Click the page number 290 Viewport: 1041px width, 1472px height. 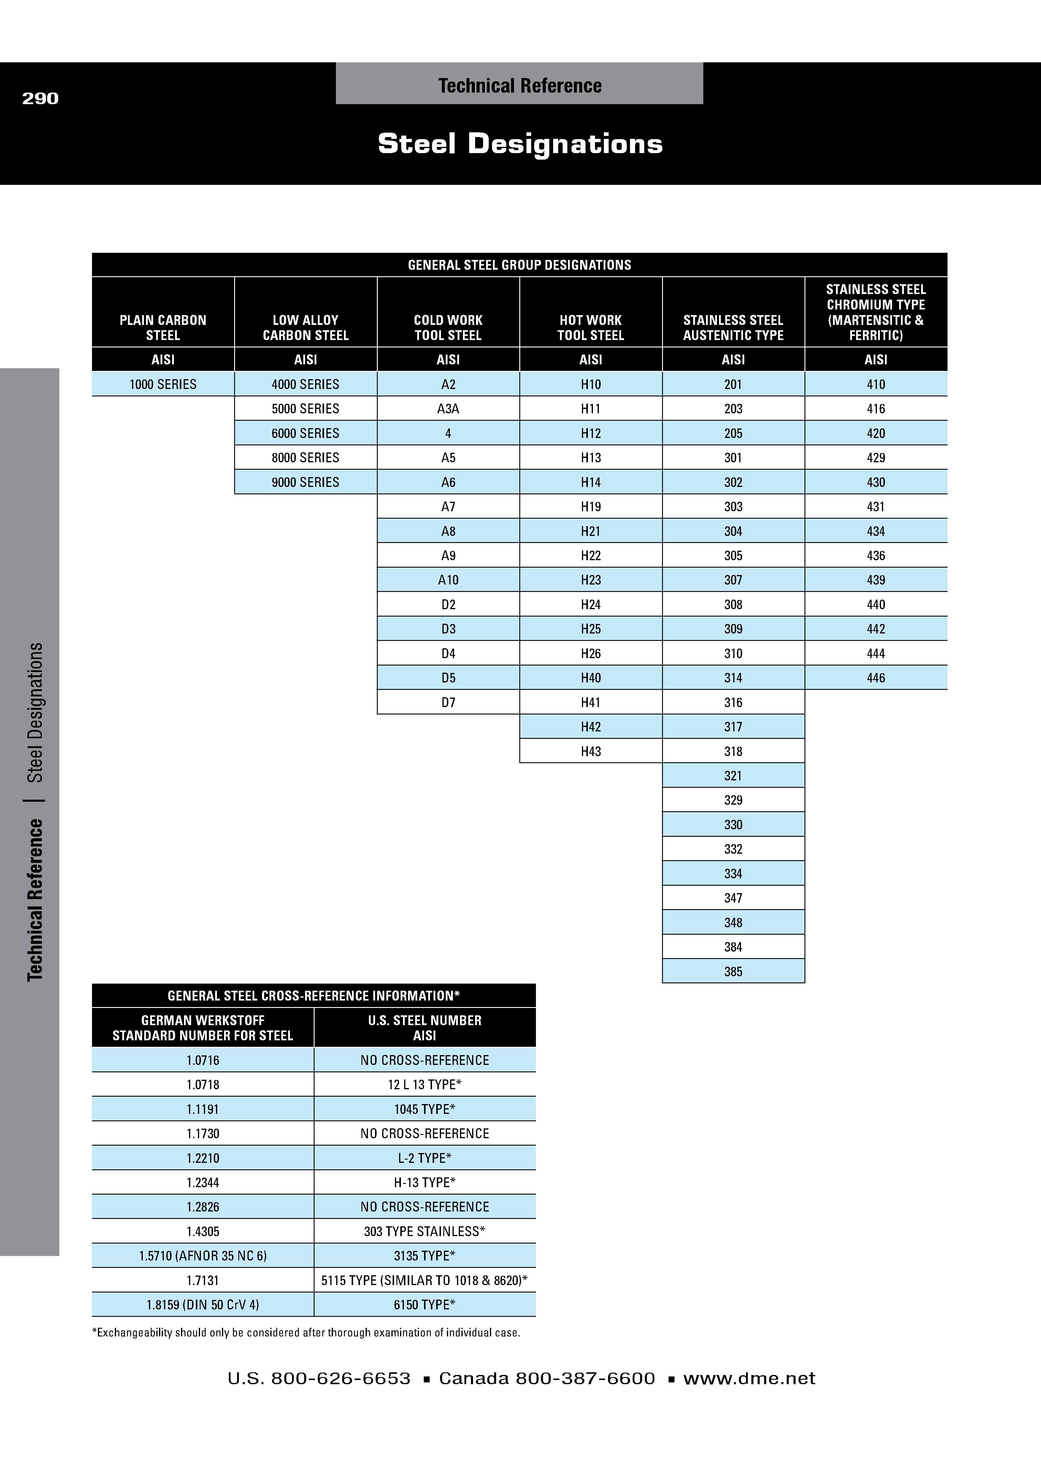(x=40, y=98)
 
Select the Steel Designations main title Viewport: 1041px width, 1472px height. (x=520, y=144)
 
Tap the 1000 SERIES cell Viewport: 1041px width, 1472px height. (x=163, y=384)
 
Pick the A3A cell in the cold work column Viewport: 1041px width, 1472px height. (x=448, y=408)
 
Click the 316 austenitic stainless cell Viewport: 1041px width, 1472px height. (x=733, y=702)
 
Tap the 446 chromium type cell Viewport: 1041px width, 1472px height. (x=876, y=678)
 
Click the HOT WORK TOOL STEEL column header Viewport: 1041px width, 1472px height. (x=590, y=328)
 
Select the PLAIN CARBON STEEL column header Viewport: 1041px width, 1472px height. (x=163, y=328)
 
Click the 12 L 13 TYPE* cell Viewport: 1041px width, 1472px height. (x=424, y=1084)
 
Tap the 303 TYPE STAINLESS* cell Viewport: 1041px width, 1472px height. (x=424, y=1231)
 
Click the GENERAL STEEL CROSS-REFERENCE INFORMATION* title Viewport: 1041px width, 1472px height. (x=313, y=996)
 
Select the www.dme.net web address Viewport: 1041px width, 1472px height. (x=749, y=1379)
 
